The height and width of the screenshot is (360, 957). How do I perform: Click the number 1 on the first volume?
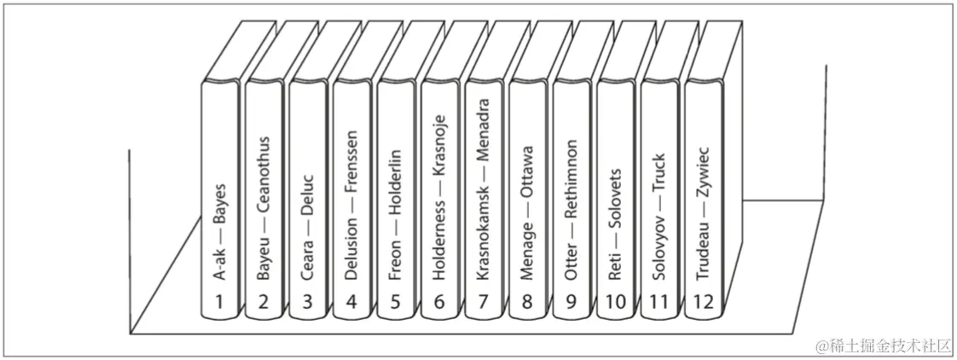pyautogui.click(x=220, y=301)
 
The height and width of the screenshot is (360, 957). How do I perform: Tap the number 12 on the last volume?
pyautogui.click(x=704, y=302)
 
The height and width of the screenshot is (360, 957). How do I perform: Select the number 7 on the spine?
pyautogui.click(x=484, y=301)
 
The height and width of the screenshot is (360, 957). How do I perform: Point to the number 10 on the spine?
pyautogui.click(x=615, y=301)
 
